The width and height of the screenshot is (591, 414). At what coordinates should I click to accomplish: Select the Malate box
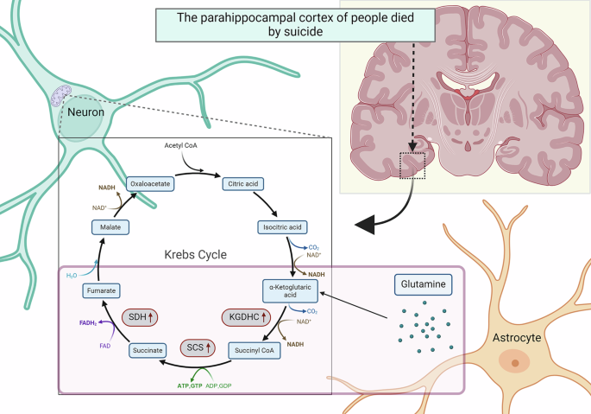point(110,227)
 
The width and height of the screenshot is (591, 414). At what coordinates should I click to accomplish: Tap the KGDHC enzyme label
point(247,318)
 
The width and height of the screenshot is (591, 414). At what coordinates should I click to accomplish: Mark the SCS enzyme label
point(198,348)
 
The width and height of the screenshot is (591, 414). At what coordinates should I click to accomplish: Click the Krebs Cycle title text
point(195,256)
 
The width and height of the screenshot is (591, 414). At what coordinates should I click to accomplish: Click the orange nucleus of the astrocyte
point(515,364)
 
